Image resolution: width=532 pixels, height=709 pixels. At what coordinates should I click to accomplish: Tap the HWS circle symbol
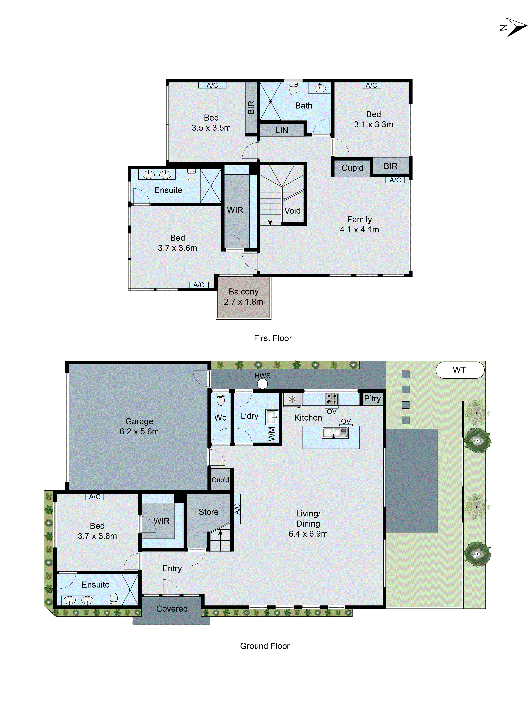pyautogui.click(x=262, y=384)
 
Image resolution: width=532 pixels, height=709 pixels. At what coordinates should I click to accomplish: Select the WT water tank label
pyautogui.click(x=459, y=370)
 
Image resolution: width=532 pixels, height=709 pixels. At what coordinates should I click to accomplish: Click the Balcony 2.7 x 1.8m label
pyautogui.click(x=243, y=296)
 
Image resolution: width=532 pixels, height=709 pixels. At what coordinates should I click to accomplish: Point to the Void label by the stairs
pyautogui.click(x=292, y=211)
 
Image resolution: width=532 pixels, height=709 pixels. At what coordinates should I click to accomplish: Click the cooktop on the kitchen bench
pyautogui.click(x=332, y=399)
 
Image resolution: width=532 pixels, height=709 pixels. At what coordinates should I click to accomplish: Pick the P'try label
pyautogui.click(x=372, y=399)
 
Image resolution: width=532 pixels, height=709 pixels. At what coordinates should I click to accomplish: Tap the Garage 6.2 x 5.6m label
pyautogui.click(x=139, y=426)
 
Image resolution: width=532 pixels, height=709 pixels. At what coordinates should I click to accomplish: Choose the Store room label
pyautogui.click(x=208, y=512)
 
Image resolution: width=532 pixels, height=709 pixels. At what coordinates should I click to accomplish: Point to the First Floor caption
pyautogui.click(x=273, y=338)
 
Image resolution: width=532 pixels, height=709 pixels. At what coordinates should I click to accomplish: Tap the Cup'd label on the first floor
pyautogui.click(x=352, y=168)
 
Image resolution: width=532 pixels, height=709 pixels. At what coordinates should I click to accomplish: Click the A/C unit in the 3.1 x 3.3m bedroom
pyautogui.click(x=371, y=85)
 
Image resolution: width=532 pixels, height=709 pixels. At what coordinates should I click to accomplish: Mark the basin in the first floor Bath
pyautogui.click(x=319, y=88)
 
